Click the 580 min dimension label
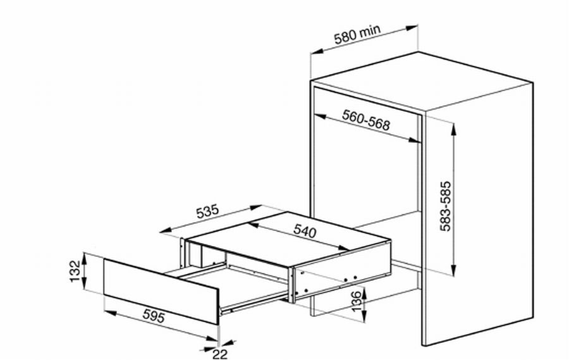click(357, 34)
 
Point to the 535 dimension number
click(207, 212)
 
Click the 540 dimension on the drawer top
click(305, 231)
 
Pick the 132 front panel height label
click(75, 271)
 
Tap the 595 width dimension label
click(154, 316)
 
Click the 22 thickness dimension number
click(220, 354)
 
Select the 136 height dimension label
click(357, 301)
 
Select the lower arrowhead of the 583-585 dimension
click(453, 270)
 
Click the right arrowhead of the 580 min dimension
click(412, 28)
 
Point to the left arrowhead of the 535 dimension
click(166, 230)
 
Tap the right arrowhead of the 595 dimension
click(211, 339)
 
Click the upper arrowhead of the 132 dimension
click(84, 258)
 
